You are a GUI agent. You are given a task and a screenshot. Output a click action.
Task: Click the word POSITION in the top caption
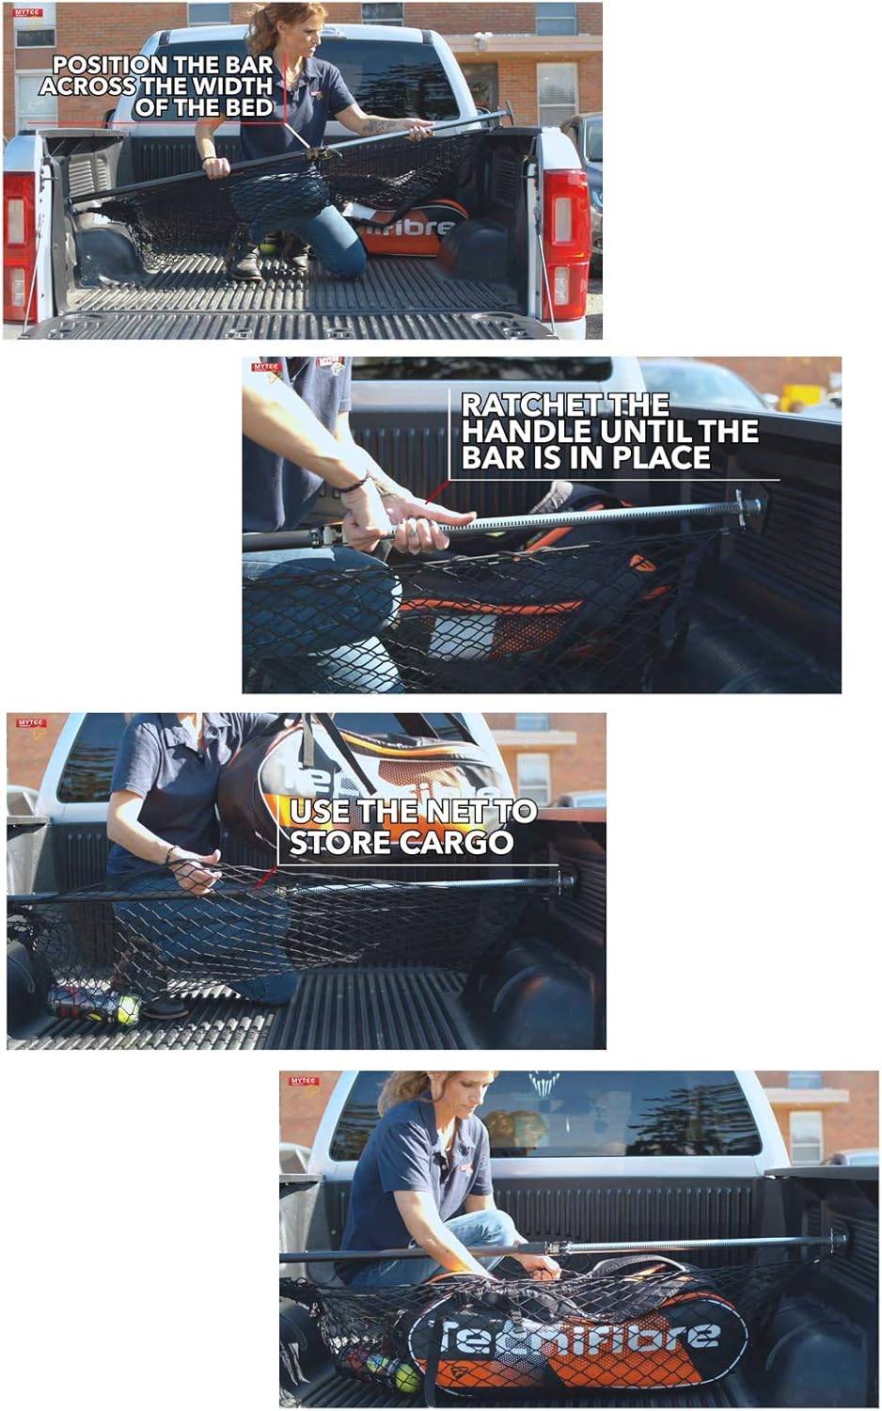click(109, 65)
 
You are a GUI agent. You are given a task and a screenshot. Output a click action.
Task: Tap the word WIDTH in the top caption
click(229, 87)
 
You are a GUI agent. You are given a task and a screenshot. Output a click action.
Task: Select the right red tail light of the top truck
click(565, 243)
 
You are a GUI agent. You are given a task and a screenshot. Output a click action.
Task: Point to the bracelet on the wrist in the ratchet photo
click(354, 485)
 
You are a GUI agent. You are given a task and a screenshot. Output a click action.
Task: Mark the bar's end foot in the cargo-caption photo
click(567, 882)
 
